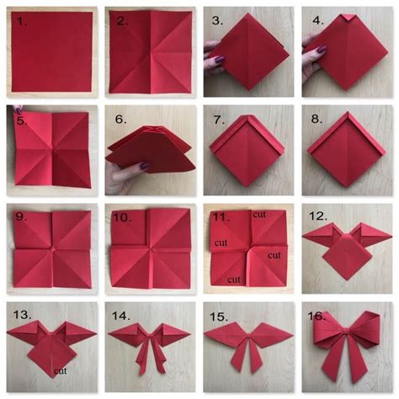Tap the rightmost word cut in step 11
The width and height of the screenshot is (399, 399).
coord(275,253)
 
